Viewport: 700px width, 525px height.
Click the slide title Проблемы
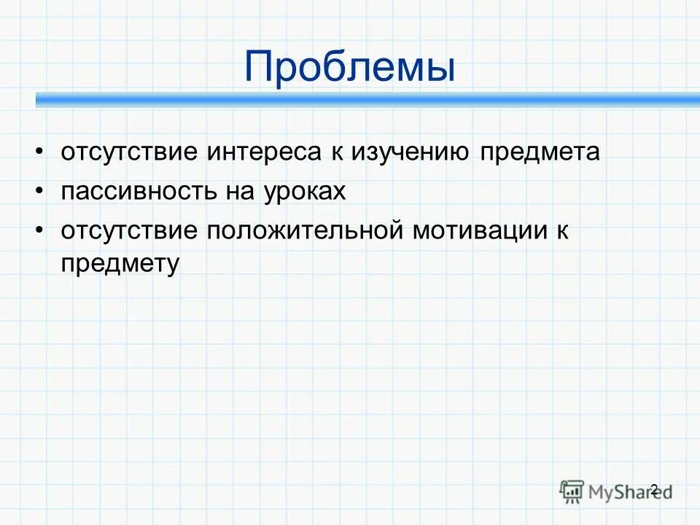tap(350, 66)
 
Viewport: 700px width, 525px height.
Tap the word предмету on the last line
tap(120, 264)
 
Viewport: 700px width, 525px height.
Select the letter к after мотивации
tap(561, 231)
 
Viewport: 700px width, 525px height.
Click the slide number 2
tap(653, 489)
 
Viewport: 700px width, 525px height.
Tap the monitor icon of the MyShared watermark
tap(572, 491)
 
